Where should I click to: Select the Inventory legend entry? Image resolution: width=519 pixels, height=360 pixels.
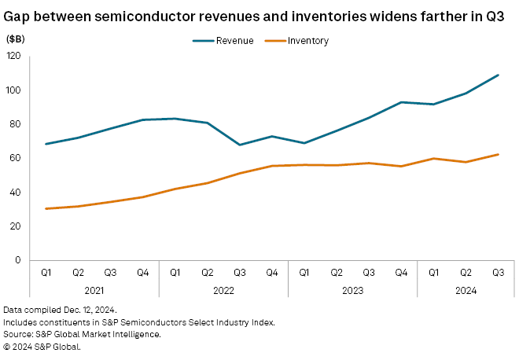pyautogui.click(x=308, y=41)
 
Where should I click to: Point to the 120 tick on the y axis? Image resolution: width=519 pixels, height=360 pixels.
pyautogui.click(x=13, y=56)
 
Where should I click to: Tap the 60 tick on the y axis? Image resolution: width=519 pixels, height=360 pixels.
pyautogui.click(x=16, y=158)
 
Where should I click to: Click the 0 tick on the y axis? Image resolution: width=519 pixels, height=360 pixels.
pyautogui.click(x=18, y=260)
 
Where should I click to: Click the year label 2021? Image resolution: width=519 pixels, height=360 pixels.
pyautogui.click(x=94, y=289)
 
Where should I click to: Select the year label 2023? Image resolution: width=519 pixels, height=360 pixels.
pyautogui.click(x=352, y=289)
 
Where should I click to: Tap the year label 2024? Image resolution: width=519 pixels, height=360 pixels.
pyautogui.click(x=466, y=289)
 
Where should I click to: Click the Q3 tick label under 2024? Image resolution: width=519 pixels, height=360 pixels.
pyautogui.click(x=498, y=273)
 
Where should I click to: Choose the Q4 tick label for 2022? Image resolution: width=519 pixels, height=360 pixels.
pyautogui.click(x=271, y=273)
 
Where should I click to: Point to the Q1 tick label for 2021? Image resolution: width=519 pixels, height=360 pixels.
pyautogui.click(x=46, y=273)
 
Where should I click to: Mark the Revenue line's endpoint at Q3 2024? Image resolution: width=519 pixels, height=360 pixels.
pyautogui.click(x=498, y=75)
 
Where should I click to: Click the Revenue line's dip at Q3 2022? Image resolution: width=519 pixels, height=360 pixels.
pyautogui.click(x=239, y=145)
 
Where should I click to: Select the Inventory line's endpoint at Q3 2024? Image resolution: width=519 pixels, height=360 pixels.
pyautogui.click(x=498, y=154)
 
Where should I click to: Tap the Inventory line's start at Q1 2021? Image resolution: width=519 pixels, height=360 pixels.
pyautogui.click(x=46, y=208)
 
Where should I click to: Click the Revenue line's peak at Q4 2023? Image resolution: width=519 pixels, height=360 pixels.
pyautogui.click(x=401, y=102)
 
